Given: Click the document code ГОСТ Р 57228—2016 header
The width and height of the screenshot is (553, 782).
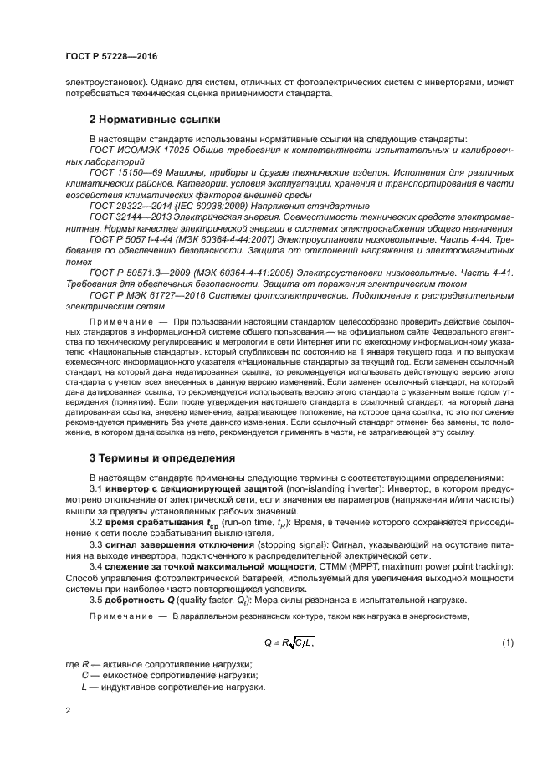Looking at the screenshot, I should (111, 55).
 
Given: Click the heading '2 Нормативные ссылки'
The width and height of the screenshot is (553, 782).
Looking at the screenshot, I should (156, 119).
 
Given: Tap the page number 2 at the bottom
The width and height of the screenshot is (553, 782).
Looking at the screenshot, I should (68, 711).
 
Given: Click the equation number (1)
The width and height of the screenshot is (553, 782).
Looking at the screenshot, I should (507, 641).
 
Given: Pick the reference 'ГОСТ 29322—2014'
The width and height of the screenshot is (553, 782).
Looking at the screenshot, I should (128, 205).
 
